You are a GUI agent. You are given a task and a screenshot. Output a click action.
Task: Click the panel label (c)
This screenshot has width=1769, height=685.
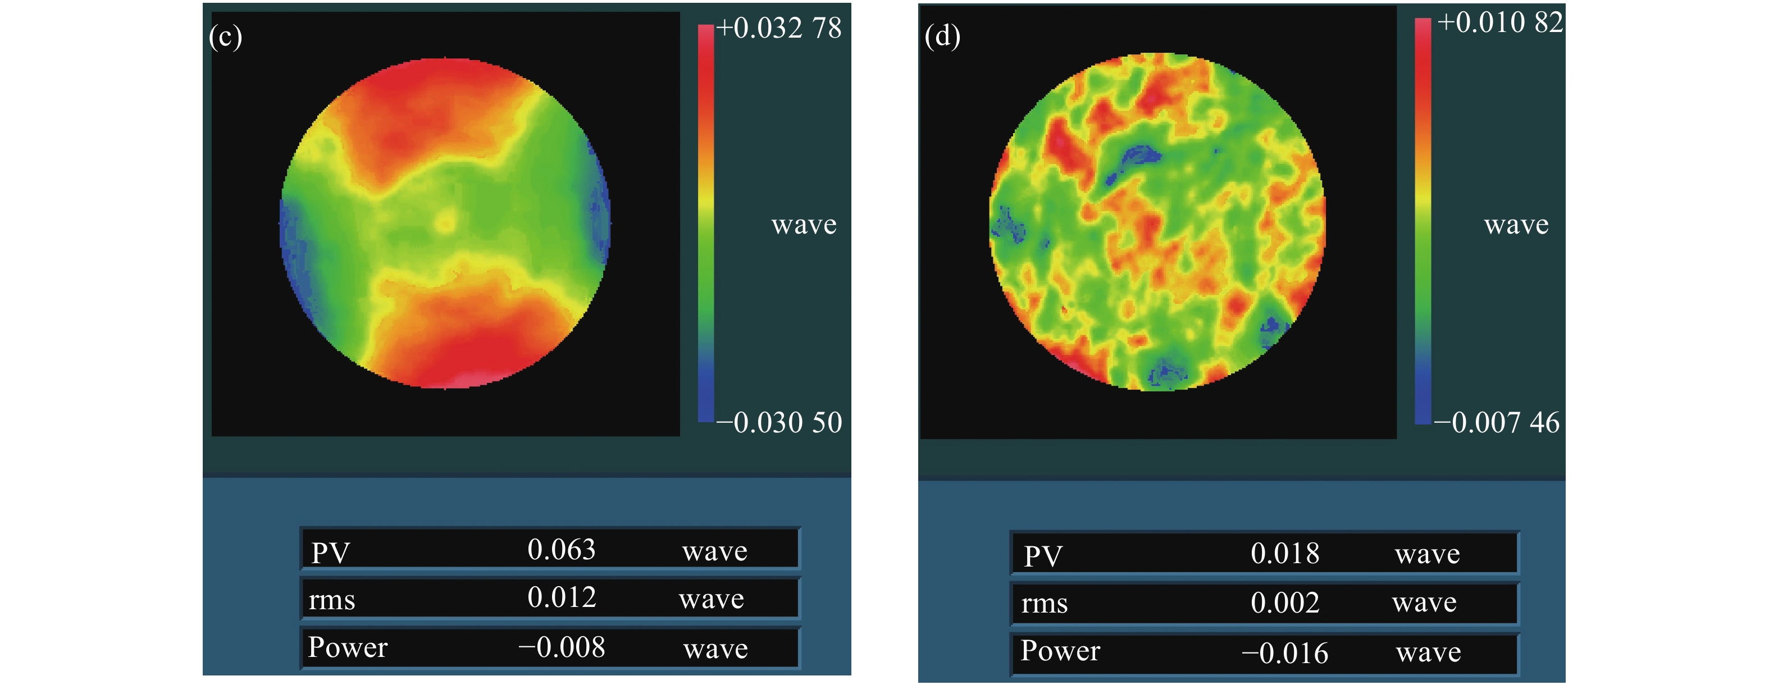(x=225, y=36)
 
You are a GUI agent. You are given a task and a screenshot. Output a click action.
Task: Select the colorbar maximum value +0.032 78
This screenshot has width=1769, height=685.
(x=779, y=28)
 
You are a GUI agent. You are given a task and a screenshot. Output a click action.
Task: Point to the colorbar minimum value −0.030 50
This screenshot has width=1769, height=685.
(x=779, y=423)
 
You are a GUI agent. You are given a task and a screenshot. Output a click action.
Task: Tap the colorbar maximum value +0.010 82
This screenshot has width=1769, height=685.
(x=1500, y=22)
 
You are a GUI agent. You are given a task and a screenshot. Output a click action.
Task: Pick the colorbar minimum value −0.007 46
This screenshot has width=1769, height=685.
(x=1497, y=423)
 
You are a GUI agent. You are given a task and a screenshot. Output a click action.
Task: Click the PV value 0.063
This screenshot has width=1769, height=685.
(x=561, y=550)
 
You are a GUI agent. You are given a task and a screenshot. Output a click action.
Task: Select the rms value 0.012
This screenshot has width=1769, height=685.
(x=562, y=598)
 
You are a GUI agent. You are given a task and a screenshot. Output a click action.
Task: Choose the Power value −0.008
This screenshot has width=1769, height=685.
(x=561, y=647)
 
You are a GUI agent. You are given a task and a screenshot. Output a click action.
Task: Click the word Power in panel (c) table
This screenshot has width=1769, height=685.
(x=348, y=647)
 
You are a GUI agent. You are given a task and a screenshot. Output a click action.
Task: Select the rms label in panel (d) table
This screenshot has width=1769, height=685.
(x=1044, y=604)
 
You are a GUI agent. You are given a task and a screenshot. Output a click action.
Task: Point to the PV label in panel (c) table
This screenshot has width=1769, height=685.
(x=330, y=552)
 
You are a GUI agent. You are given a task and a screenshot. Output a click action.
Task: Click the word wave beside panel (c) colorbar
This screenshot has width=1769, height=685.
(x=804, y=225)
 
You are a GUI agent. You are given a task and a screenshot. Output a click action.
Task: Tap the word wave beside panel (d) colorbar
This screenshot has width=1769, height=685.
(x=1516, y=225)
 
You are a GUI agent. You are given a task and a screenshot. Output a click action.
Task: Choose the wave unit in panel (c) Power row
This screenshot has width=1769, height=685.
(x=715, y=649)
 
